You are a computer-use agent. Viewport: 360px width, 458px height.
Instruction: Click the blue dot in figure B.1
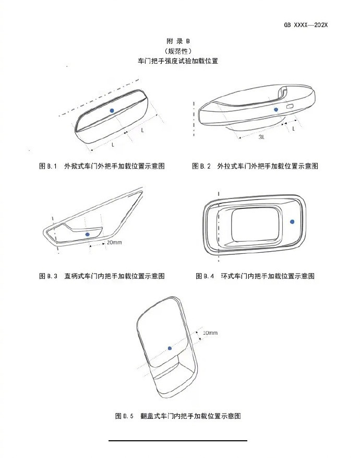pyautogui.click(x=112, y=111)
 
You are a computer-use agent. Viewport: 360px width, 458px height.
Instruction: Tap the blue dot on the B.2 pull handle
pyautogui.click(x=277, y=110)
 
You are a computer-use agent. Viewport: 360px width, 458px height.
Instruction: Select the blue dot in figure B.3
pyautogui.click(x=87, y=234)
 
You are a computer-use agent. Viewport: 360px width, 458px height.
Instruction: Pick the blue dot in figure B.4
pyautogui.click(x=293, y=222)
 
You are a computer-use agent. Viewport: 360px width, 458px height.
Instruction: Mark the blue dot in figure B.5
pyautogui.click(x=170, y=348)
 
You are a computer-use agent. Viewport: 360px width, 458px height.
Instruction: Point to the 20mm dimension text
pyautogui.click(x=114, y=243)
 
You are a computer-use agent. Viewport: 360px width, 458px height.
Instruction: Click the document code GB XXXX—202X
pyautogui.click(x=306, y=25)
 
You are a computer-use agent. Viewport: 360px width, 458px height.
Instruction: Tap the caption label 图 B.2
pyautogui.click(x=201, y=166)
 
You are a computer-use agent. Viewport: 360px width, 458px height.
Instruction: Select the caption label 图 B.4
pyautogui.click(x=205, y=276)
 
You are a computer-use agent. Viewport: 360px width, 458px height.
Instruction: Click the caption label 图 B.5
pyautogui.click(x=125, y=416)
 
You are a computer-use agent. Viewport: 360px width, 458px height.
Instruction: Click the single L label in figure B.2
pyautogui.click(x=294, y=128)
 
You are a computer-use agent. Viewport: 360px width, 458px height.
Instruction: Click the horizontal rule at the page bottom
pyautogui.click(x=177, y=441)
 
